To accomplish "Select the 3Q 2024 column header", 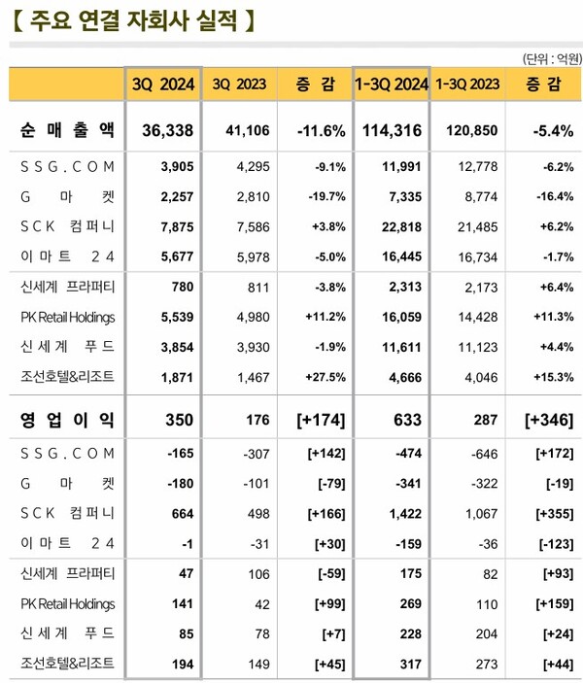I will click(163, 85).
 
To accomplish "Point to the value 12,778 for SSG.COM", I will click(467, 166).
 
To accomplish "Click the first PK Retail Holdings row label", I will click(67, 317).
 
